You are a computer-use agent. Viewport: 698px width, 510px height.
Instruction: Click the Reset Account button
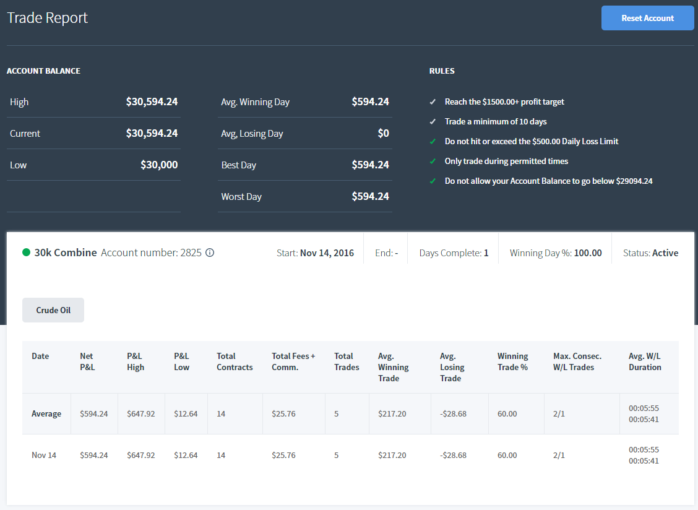pos(647,19)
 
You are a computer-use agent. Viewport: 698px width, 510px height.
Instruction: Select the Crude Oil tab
pos(53,310)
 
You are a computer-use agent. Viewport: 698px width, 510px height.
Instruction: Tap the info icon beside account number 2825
pos(210,253)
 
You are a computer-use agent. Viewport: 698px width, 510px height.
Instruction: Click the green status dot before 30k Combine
pos(26,253)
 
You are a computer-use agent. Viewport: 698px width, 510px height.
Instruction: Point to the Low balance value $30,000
pos(159,165)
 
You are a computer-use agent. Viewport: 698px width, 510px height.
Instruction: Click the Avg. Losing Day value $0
pos(383,133)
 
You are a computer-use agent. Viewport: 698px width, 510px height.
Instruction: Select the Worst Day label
pos(241,196)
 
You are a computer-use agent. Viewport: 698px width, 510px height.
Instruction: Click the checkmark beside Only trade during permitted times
pos(433,162)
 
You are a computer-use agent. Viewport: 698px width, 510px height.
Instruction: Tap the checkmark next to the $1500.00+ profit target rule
pos(433,102)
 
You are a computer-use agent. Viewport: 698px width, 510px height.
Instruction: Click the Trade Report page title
pos(47,18)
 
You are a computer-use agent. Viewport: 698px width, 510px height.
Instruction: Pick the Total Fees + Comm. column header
pos(293,361)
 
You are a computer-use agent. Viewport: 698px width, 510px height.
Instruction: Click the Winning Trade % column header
pos(513,361)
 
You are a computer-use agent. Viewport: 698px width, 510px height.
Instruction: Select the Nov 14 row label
pos(44,455)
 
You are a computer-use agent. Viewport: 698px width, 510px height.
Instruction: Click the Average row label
pos(46,414)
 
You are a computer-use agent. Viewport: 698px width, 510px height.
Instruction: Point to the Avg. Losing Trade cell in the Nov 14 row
pos(453,455)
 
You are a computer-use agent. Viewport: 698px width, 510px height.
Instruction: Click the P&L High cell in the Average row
pos(140,414)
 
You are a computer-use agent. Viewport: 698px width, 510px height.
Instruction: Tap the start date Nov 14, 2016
pos(327,253)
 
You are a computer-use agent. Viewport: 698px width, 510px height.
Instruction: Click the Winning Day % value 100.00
pos(588,253)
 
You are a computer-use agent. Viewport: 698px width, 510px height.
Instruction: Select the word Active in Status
pos(665,253)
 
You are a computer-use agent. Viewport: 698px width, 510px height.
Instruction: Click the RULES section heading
pos(442,71)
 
